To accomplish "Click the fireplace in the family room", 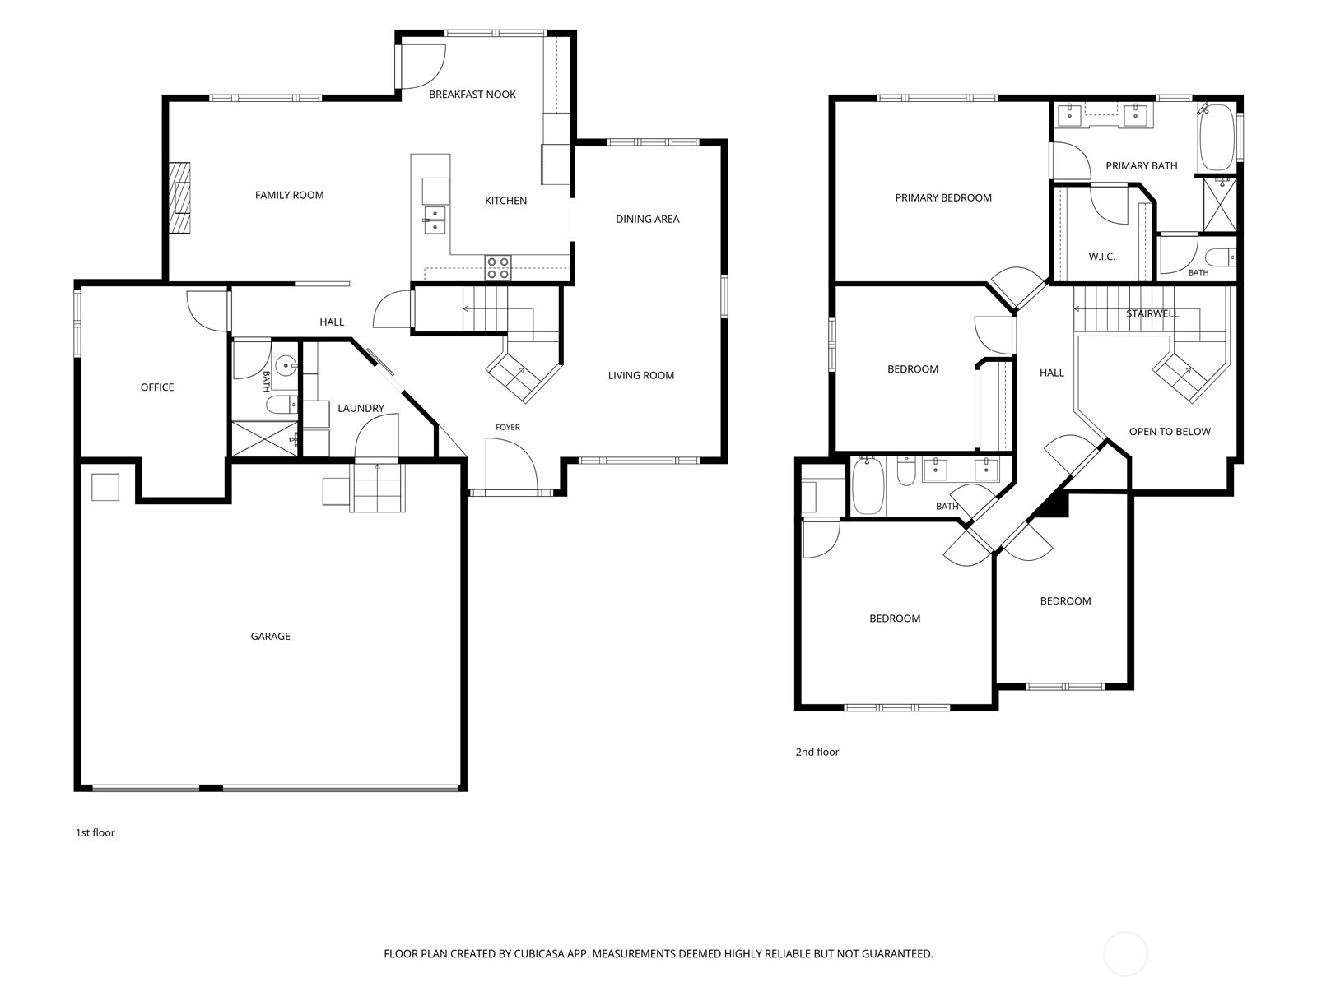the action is click(x=179, y=197).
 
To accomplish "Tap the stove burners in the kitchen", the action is click(x=498, y=268).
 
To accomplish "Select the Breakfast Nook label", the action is click(x=472, y=94).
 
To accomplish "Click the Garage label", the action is click(x=271, y=636).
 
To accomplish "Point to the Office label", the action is click(x=157, y=387).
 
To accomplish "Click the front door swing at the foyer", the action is click(x=511, y=465).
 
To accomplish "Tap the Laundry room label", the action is click(x=361, y=408).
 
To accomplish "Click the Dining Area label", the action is click(x=648, y=219).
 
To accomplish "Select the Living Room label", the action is click(x=640, y=375).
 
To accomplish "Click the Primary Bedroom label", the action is click(x=943, y=197).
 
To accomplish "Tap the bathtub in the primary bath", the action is click(x=1217, y=137).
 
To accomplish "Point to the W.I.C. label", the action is click(x=1101, y=257).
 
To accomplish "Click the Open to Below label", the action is click(x=1170, y=432).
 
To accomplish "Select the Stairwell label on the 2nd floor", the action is click(x=1152, y=313).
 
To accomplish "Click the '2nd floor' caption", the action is click(x=817, y=752).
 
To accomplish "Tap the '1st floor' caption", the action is click(x=95, y=832).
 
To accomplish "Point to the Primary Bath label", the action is click(x=1141, y=165).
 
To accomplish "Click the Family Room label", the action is click(x=289, y=195).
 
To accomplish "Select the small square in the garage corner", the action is click(x=105, y=487).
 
